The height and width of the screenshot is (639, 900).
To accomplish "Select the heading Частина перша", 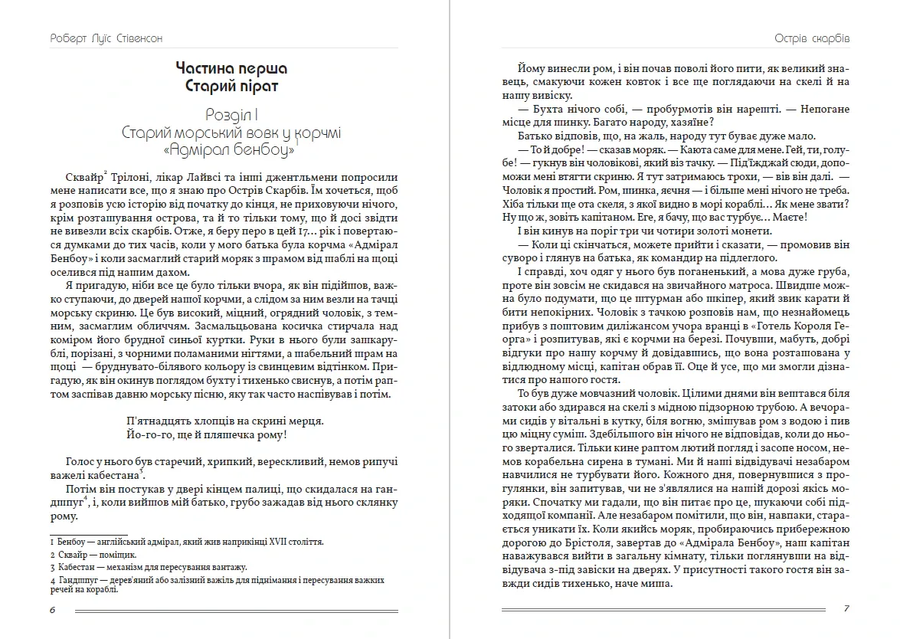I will tap(231, 69).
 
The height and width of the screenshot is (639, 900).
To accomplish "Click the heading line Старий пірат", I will tap(231, 86).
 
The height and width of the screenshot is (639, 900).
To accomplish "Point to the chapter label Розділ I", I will tap(231, 114).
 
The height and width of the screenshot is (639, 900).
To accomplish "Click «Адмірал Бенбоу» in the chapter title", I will tap(231, 151).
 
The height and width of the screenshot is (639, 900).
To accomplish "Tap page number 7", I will tap(846, 609).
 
